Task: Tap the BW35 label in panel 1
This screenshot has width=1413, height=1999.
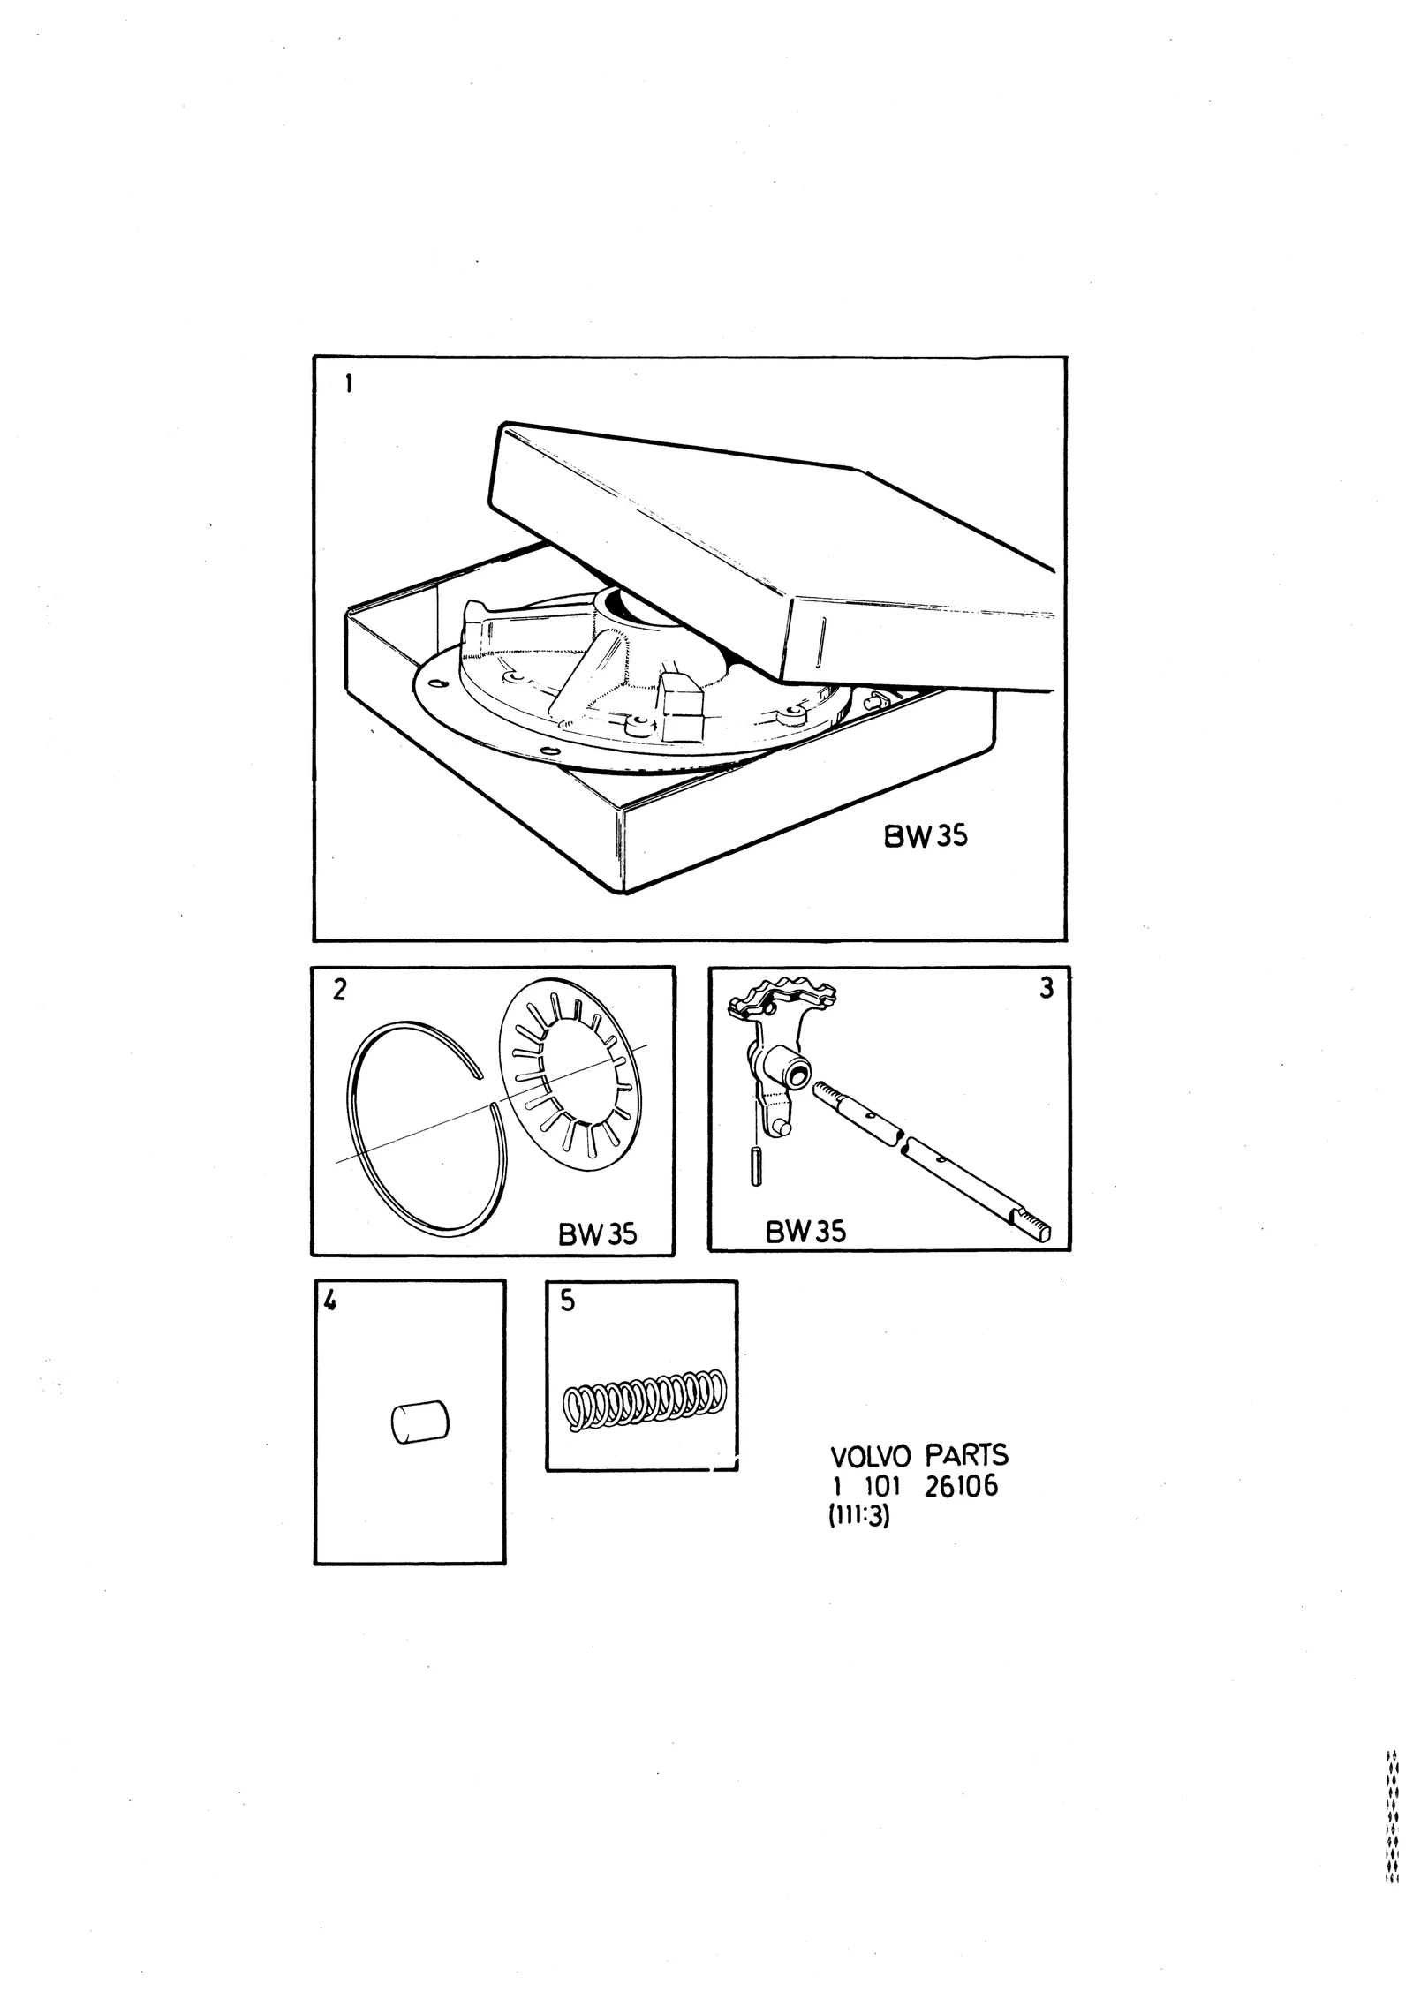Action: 926,836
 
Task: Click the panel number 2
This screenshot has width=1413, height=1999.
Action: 339,990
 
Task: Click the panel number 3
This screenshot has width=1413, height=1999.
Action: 1047,989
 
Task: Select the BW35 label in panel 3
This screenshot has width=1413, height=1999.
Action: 805,1231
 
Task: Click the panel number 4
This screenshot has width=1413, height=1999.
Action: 330,1301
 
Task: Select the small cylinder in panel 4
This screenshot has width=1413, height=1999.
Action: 419,1422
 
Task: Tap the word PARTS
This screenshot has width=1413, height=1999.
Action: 967,1454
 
